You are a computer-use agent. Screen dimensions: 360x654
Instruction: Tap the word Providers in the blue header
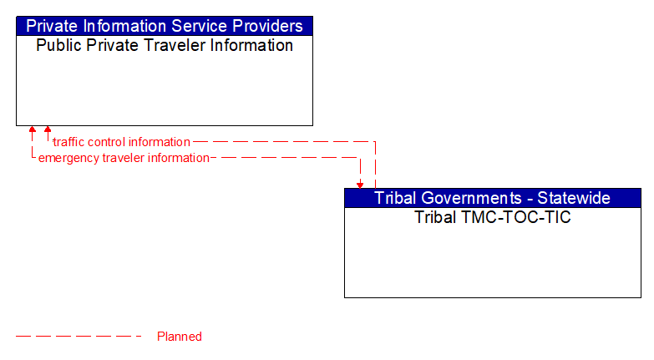click(266, 26)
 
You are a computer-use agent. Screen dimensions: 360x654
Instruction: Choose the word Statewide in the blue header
click(573, 198)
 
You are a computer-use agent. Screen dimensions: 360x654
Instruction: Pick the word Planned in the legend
click(180, 337)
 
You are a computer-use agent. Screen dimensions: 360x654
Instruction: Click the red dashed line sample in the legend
click(79, 337)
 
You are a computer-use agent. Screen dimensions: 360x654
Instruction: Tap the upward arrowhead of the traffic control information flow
click(48, 129)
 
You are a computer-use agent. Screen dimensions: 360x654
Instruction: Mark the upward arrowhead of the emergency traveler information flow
click(33, 129)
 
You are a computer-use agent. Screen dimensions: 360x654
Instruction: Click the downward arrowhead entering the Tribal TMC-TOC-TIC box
click(360, 185)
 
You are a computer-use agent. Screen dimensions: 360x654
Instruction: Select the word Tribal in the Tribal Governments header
click(395, 198)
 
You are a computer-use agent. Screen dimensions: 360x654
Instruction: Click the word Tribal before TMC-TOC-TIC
click(434, 217)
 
